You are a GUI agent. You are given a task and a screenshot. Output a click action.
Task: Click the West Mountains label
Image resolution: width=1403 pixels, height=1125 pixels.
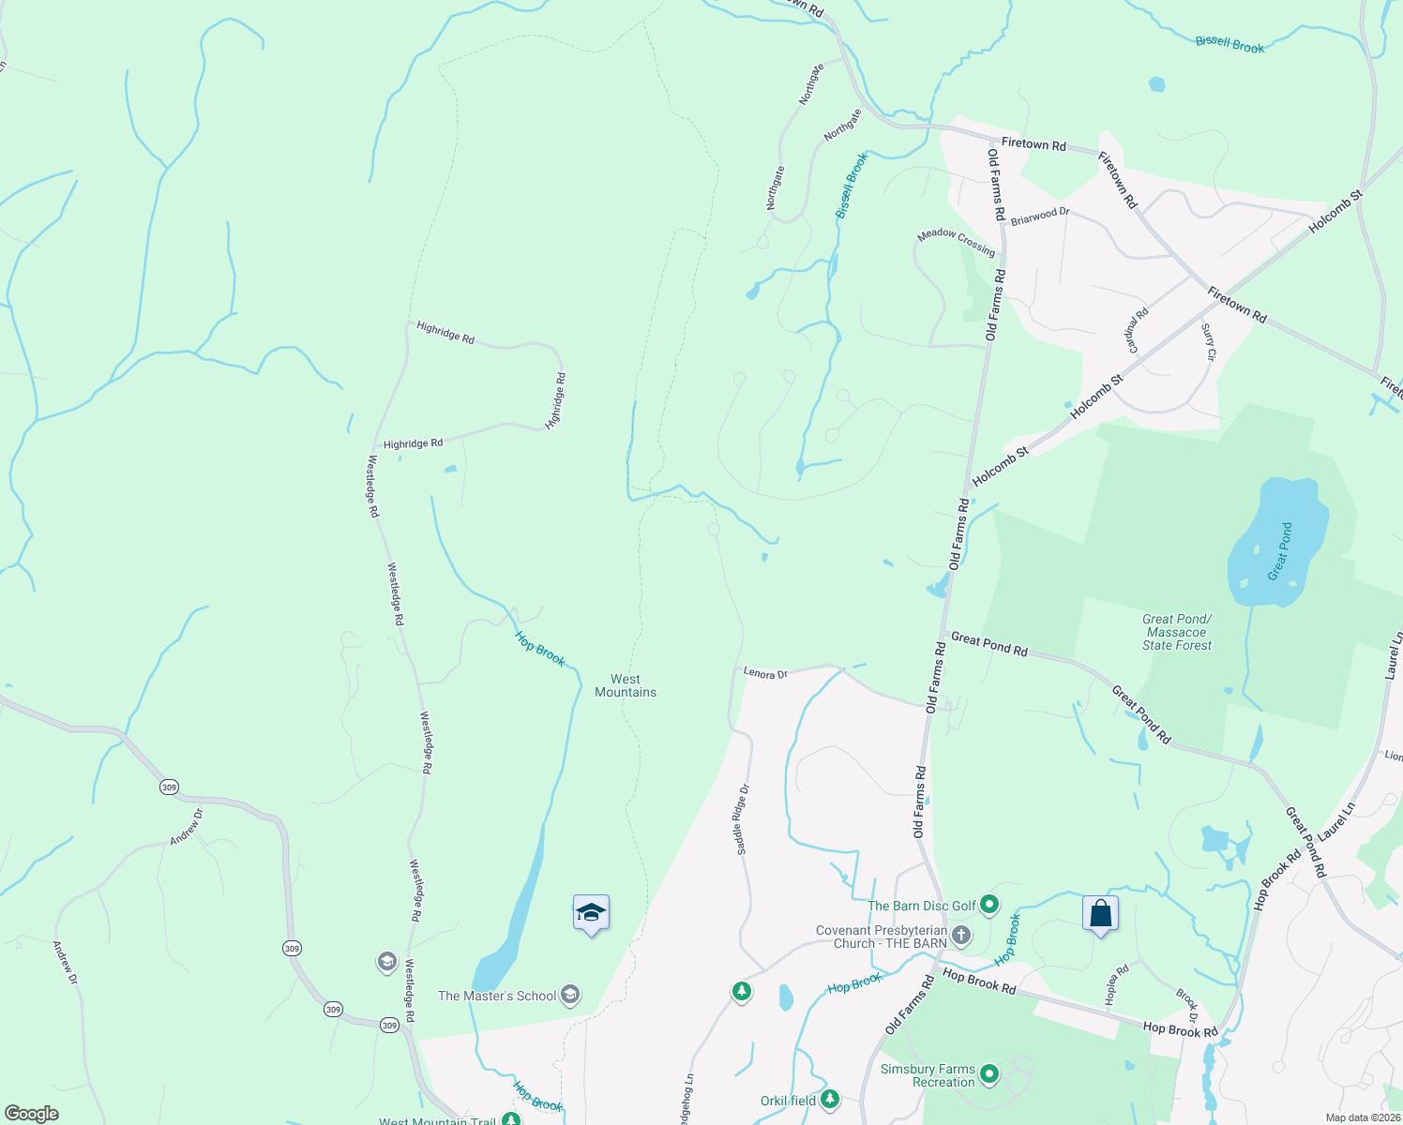point(626,685)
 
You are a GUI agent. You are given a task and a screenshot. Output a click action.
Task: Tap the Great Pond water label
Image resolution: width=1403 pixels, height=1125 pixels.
point(1280,551)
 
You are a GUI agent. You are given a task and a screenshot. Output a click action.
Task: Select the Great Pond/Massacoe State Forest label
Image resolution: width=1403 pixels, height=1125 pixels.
point(1177,632)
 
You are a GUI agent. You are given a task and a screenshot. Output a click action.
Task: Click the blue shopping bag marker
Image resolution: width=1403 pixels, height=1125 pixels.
point(1100,914)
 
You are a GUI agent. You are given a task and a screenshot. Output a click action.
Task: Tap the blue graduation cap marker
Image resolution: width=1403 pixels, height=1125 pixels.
point(591,913)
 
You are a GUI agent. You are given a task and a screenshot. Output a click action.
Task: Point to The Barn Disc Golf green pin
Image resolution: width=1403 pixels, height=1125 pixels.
point(988,906)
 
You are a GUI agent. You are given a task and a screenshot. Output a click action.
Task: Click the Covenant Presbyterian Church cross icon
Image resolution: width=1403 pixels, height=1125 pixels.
point(960,936)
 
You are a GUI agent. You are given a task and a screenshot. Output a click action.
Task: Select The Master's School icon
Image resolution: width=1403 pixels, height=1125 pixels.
point(569,996)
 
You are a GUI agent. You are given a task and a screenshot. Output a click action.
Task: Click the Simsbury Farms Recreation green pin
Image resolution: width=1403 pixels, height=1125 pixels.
point(989,1074)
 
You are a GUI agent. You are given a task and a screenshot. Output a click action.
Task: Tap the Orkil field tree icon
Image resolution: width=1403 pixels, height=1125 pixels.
point(829,1100)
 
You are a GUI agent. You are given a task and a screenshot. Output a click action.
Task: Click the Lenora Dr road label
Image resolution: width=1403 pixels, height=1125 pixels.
point(765,673)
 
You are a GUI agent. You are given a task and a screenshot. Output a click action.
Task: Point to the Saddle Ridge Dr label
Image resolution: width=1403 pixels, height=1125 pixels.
point(742,819)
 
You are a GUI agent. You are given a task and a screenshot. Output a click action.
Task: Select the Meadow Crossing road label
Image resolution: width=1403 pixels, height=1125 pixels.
point(956,242)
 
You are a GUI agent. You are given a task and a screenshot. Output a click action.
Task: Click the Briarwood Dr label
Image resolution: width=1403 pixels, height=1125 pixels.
point(1040,217)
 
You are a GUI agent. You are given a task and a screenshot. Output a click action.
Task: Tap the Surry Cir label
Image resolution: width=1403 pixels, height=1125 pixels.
point(1208,342)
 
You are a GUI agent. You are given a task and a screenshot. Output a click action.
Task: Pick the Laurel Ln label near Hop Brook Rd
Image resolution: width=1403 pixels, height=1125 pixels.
point(1336,821)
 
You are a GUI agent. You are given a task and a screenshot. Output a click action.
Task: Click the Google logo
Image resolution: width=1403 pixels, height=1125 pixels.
point(31,1114)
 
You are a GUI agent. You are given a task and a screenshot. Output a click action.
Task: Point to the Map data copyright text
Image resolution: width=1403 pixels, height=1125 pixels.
point(1363,1117)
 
